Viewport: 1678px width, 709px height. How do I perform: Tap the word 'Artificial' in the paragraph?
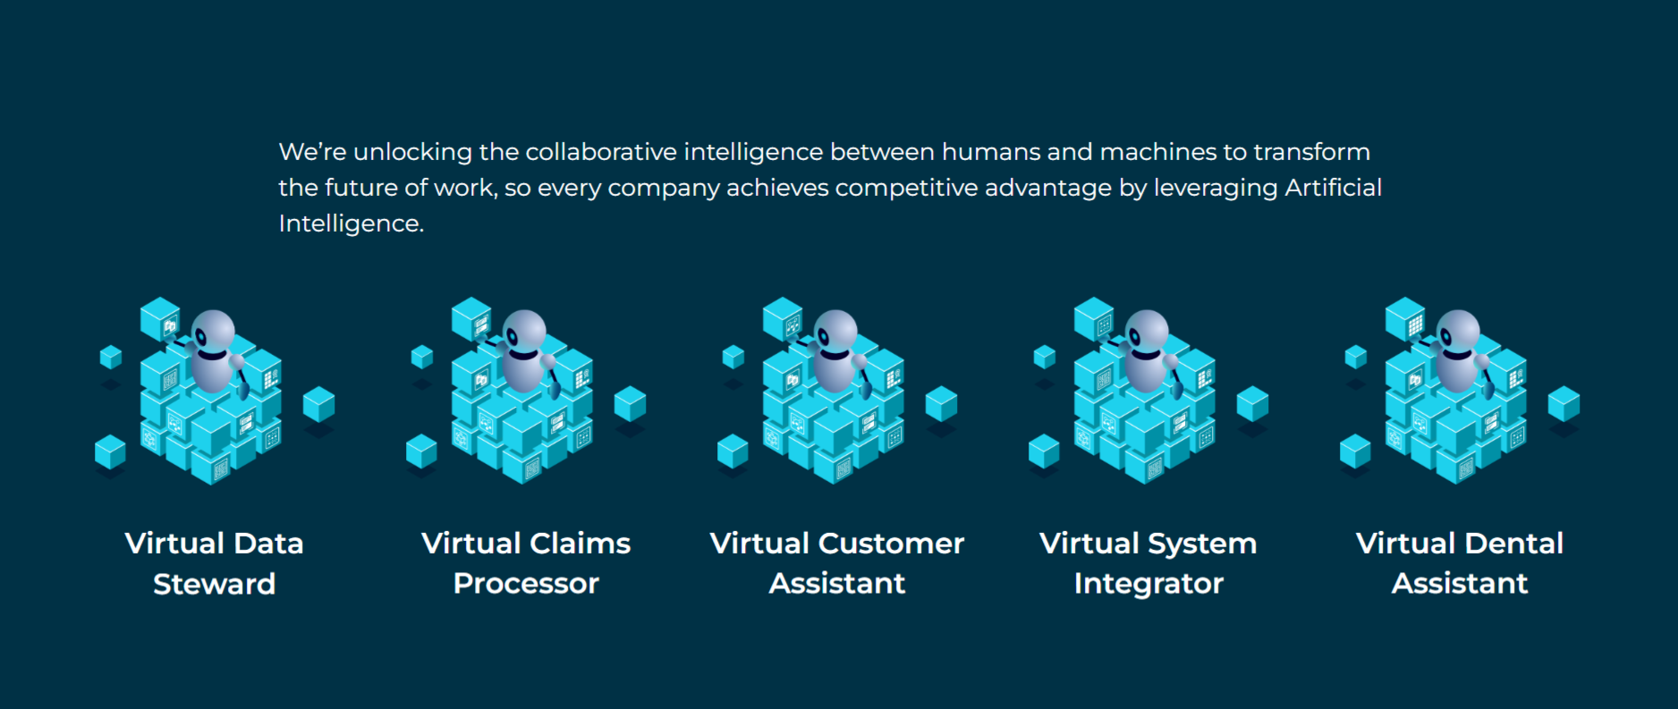pyautogui.click(x=1334, y=188)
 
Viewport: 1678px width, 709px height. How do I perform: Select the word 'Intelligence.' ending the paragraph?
pyautogui.click(x=352, y=224)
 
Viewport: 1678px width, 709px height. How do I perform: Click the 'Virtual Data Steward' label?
pyautogui.click(x=215, y=563)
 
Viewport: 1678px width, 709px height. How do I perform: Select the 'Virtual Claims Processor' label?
pyautogui.click(x=526, y=563)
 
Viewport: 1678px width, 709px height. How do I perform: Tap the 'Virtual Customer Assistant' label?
pyautogui.click(x=837, y=563)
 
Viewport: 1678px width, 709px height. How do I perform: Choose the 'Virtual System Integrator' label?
pyautogui.click(x=1148, y=563)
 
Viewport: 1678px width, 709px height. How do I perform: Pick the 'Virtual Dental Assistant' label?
pyautogui.click(x=1460, y=563)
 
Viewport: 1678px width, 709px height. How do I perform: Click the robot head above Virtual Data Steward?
pyautogui.click(x=213, y=334)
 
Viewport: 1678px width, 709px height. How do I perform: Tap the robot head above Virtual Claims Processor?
pyautogui.click(x=524, y=334)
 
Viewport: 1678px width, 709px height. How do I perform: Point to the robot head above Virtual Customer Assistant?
pyautogui.click(x=835, y=334)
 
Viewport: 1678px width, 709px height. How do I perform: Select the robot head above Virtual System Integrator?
pyautogui.click(x=1147, y=334)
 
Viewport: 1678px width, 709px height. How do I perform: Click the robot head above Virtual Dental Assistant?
pyautogui.click(x=1458, y=334)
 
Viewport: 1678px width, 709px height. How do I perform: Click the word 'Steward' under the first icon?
pyautogui.click(x=215, y=584)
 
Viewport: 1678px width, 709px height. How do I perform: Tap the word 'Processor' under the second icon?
pyautogui.click(x=526, y=584)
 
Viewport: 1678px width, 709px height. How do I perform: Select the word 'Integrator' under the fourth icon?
pyautogui.click(x=1148, y=584)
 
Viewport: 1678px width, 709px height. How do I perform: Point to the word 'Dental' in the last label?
pyautogui.click(x=1514, y=544)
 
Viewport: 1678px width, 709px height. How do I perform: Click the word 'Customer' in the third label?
pyautogui.click(x=892, y=544)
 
